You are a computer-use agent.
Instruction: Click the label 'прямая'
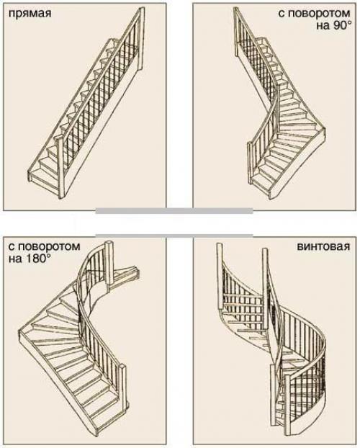point(30,14)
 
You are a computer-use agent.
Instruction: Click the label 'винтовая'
point(324,246)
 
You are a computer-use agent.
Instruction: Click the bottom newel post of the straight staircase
point(60,167)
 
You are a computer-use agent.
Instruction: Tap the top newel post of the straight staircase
point(140,40)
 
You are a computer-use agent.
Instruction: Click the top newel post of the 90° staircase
point(237,32)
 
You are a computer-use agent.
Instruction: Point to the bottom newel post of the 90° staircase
point(251,163)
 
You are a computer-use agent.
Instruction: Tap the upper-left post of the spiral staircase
point(220,276)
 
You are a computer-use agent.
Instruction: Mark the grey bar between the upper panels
point(174,211)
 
